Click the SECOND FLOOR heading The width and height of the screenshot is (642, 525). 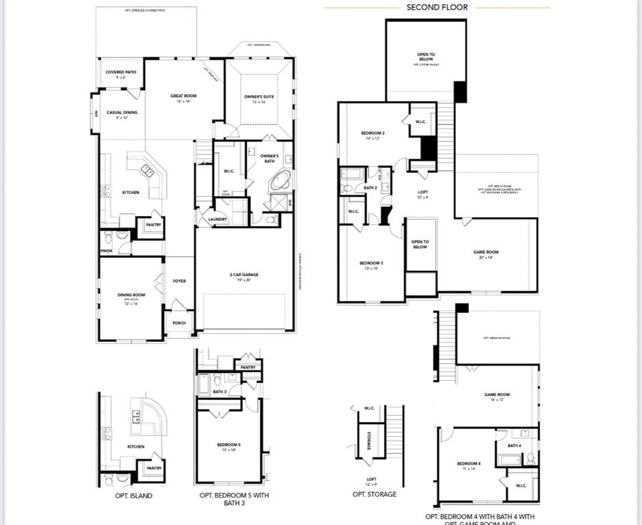[437, 8]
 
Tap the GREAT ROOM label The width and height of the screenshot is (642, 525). [183, 96]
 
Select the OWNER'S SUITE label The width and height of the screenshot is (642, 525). [259, 97]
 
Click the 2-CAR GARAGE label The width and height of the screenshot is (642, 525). [243, 275]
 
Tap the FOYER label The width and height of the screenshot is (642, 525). [179, 281]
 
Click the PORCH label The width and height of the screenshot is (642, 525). [179, 323]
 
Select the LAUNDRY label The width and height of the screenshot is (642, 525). [218, 219]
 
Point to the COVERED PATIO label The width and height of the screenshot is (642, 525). [120, 72]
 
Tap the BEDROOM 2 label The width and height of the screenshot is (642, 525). [373, 133]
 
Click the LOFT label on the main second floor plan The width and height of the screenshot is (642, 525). [423, 193]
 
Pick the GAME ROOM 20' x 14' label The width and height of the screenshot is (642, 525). [486, 252]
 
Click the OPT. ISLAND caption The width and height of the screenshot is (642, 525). [133, 496]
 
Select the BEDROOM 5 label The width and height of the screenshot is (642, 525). [229, 445]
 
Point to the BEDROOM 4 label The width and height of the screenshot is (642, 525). [469, 463]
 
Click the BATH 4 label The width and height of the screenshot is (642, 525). [514, 446]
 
